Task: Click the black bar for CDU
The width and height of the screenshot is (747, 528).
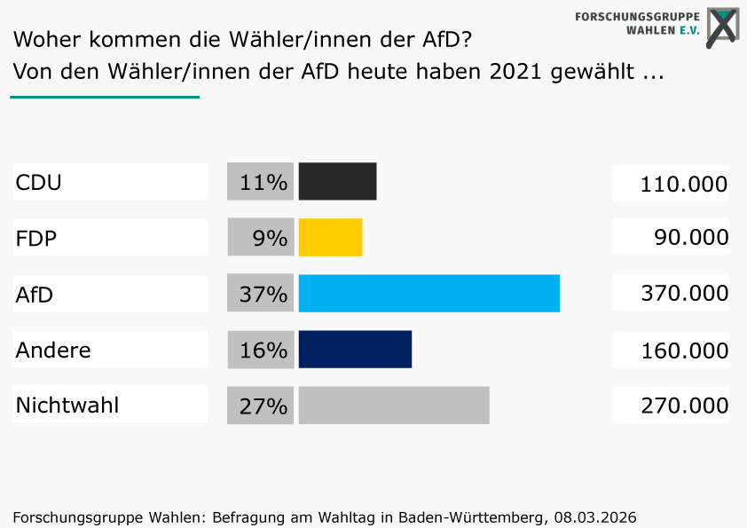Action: click(337, 181)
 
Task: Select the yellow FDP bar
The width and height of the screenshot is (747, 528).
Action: click(330, 237)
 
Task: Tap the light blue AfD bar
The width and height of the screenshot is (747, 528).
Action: click(429, 294)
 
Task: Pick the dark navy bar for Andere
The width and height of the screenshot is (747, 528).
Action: click(355, 350)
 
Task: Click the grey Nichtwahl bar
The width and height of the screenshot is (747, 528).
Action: click(394, 406)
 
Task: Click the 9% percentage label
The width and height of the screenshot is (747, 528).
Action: click(270, 238)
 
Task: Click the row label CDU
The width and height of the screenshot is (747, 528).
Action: click(38, 183)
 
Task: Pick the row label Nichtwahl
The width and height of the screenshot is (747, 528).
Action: click(67, 406)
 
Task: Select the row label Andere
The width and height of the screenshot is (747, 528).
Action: click(53, 351)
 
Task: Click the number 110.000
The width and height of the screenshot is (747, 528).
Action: click(683, 185)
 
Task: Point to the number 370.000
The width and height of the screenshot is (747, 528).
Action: click(683, 294)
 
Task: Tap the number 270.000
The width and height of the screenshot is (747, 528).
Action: click(683, 406)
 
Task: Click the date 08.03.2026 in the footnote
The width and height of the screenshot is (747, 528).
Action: click(595, 516)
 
